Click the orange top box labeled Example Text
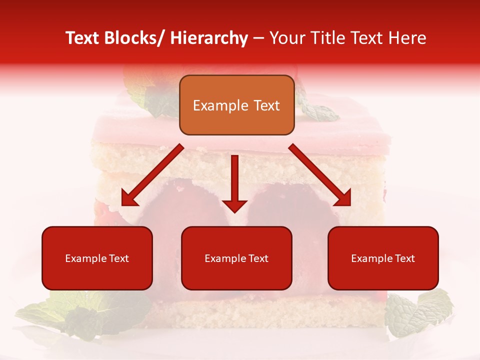236,105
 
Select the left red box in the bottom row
97,258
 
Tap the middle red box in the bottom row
236,258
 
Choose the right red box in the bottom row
383,258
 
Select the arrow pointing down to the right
320,175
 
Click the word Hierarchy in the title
209,38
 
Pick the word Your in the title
287,38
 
